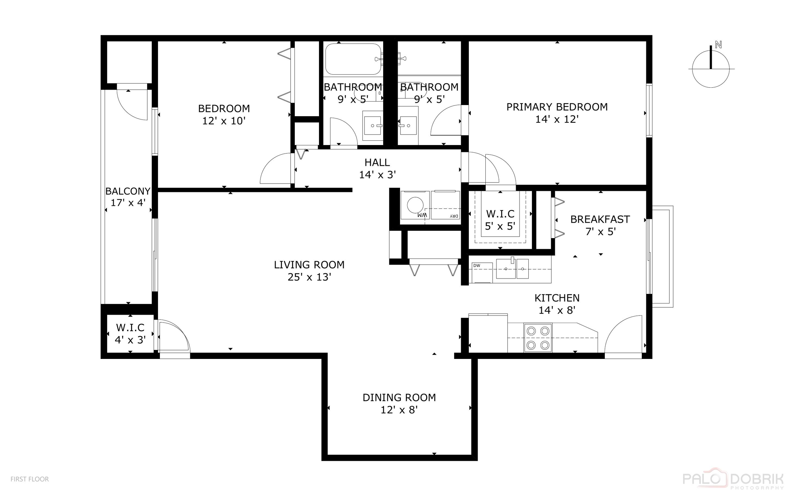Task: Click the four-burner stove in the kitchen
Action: tap(538, 338)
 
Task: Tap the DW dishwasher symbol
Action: tap(481, 272)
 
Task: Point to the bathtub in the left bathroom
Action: tap(353, 59)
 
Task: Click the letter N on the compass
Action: tap(718, 45)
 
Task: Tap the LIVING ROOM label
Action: tap(309, 265)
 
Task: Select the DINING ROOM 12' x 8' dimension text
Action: tap(399, 410)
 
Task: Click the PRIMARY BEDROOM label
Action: tap(557, 107)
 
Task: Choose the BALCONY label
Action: tap(128, 191)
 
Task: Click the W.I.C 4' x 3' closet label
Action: tap(130, 334)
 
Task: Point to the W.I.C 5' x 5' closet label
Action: tap(500, 220)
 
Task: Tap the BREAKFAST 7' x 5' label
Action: tap(600, 225)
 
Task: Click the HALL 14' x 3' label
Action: tap(377, 168)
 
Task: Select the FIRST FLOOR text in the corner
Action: tap(30, 479)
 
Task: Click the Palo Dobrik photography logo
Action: tap(732, 479)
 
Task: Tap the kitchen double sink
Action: tap(512, 269)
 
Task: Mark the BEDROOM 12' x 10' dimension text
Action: tap(224, 121)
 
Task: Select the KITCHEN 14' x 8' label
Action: tap(557, 304)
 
